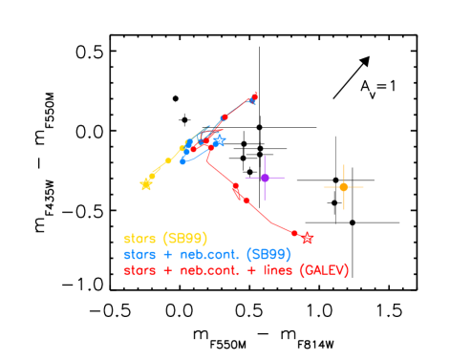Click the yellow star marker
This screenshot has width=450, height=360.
(x=146, y=184)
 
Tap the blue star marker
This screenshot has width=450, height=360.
(x=219, y=141)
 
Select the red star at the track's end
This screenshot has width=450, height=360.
(x=308, y=238)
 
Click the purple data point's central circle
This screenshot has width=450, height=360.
(x=265, y=178)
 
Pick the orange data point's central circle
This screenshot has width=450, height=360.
(x=343, y=187)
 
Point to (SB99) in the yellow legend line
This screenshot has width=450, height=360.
(x=185, y=238)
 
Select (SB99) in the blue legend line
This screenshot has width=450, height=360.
(x=268, y=254)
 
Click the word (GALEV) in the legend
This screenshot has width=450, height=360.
(x=324, y=270)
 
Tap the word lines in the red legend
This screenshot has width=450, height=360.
(x=275, y=270)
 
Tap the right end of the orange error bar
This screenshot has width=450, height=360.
(x=364, y=187)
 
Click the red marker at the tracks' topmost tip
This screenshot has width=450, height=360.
(x=254, y=95)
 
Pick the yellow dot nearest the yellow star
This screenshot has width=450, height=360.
(x=153, y=176)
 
